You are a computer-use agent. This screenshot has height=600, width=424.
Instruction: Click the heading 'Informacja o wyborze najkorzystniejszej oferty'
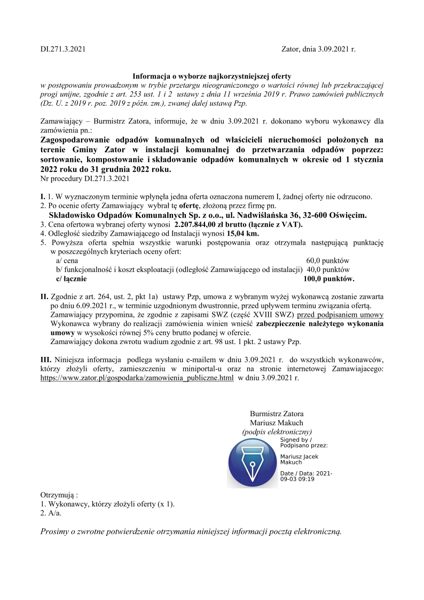tap(211, 76)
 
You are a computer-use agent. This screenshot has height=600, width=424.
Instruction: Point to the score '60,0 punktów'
tap(328, 260)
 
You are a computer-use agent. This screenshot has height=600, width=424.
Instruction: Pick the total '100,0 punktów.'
tap(328, 278)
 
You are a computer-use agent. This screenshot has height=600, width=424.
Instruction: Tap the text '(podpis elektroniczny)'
tap(277, 431)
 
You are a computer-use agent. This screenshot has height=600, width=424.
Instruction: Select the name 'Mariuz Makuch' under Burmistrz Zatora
tap(277, 422)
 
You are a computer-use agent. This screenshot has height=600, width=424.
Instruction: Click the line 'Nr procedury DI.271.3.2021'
tap(85, 178)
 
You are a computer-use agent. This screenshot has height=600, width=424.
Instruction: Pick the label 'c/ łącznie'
tap(71, 278)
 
